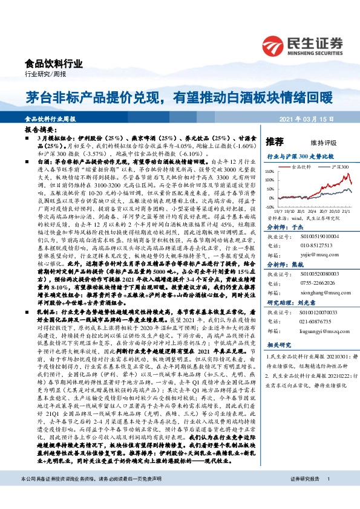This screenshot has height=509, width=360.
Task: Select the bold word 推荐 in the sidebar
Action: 275,142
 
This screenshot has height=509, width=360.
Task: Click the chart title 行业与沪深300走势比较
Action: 301,156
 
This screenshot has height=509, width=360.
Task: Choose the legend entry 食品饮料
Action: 301,164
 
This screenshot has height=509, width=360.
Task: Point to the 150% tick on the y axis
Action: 270,168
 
